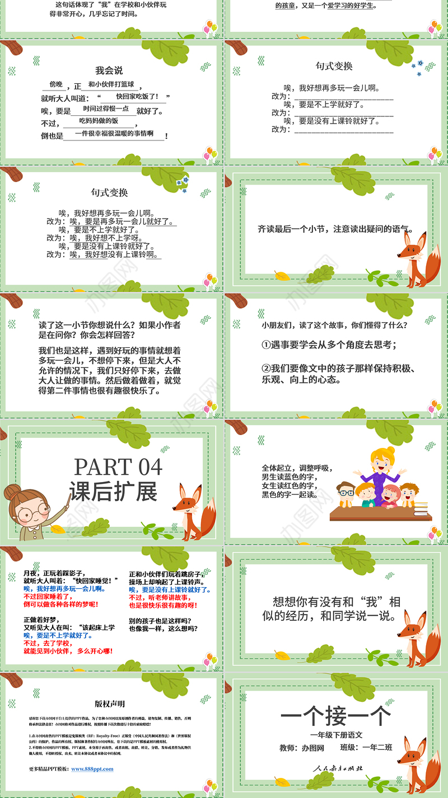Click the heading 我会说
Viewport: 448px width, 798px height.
click(x=109, y=70)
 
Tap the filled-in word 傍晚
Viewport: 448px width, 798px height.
click(x=56, y=84)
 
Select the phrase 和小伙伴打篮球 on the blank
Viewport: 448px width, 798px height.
click(x=111, y=84)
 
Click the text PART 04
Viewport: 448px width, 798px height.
click(x=118, y=467)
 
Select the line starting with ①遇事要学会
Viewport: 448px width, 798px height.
click(x=329, y=345)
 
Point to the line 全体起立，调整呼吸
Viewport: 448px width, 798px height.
click(x=297, y=468)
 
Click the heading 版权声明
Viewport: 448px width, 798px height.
click(x=110, y=704)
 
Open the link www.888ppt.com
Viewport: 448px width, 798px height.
click(x=92, y=769)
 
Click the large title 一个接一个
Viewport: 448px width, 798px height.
click(x=335, y=716)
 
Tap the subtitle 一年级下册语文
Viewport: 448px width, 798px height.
click(x=336, y=735)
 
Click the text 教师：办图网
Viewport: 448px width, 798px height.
click(x=302, y=748)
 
